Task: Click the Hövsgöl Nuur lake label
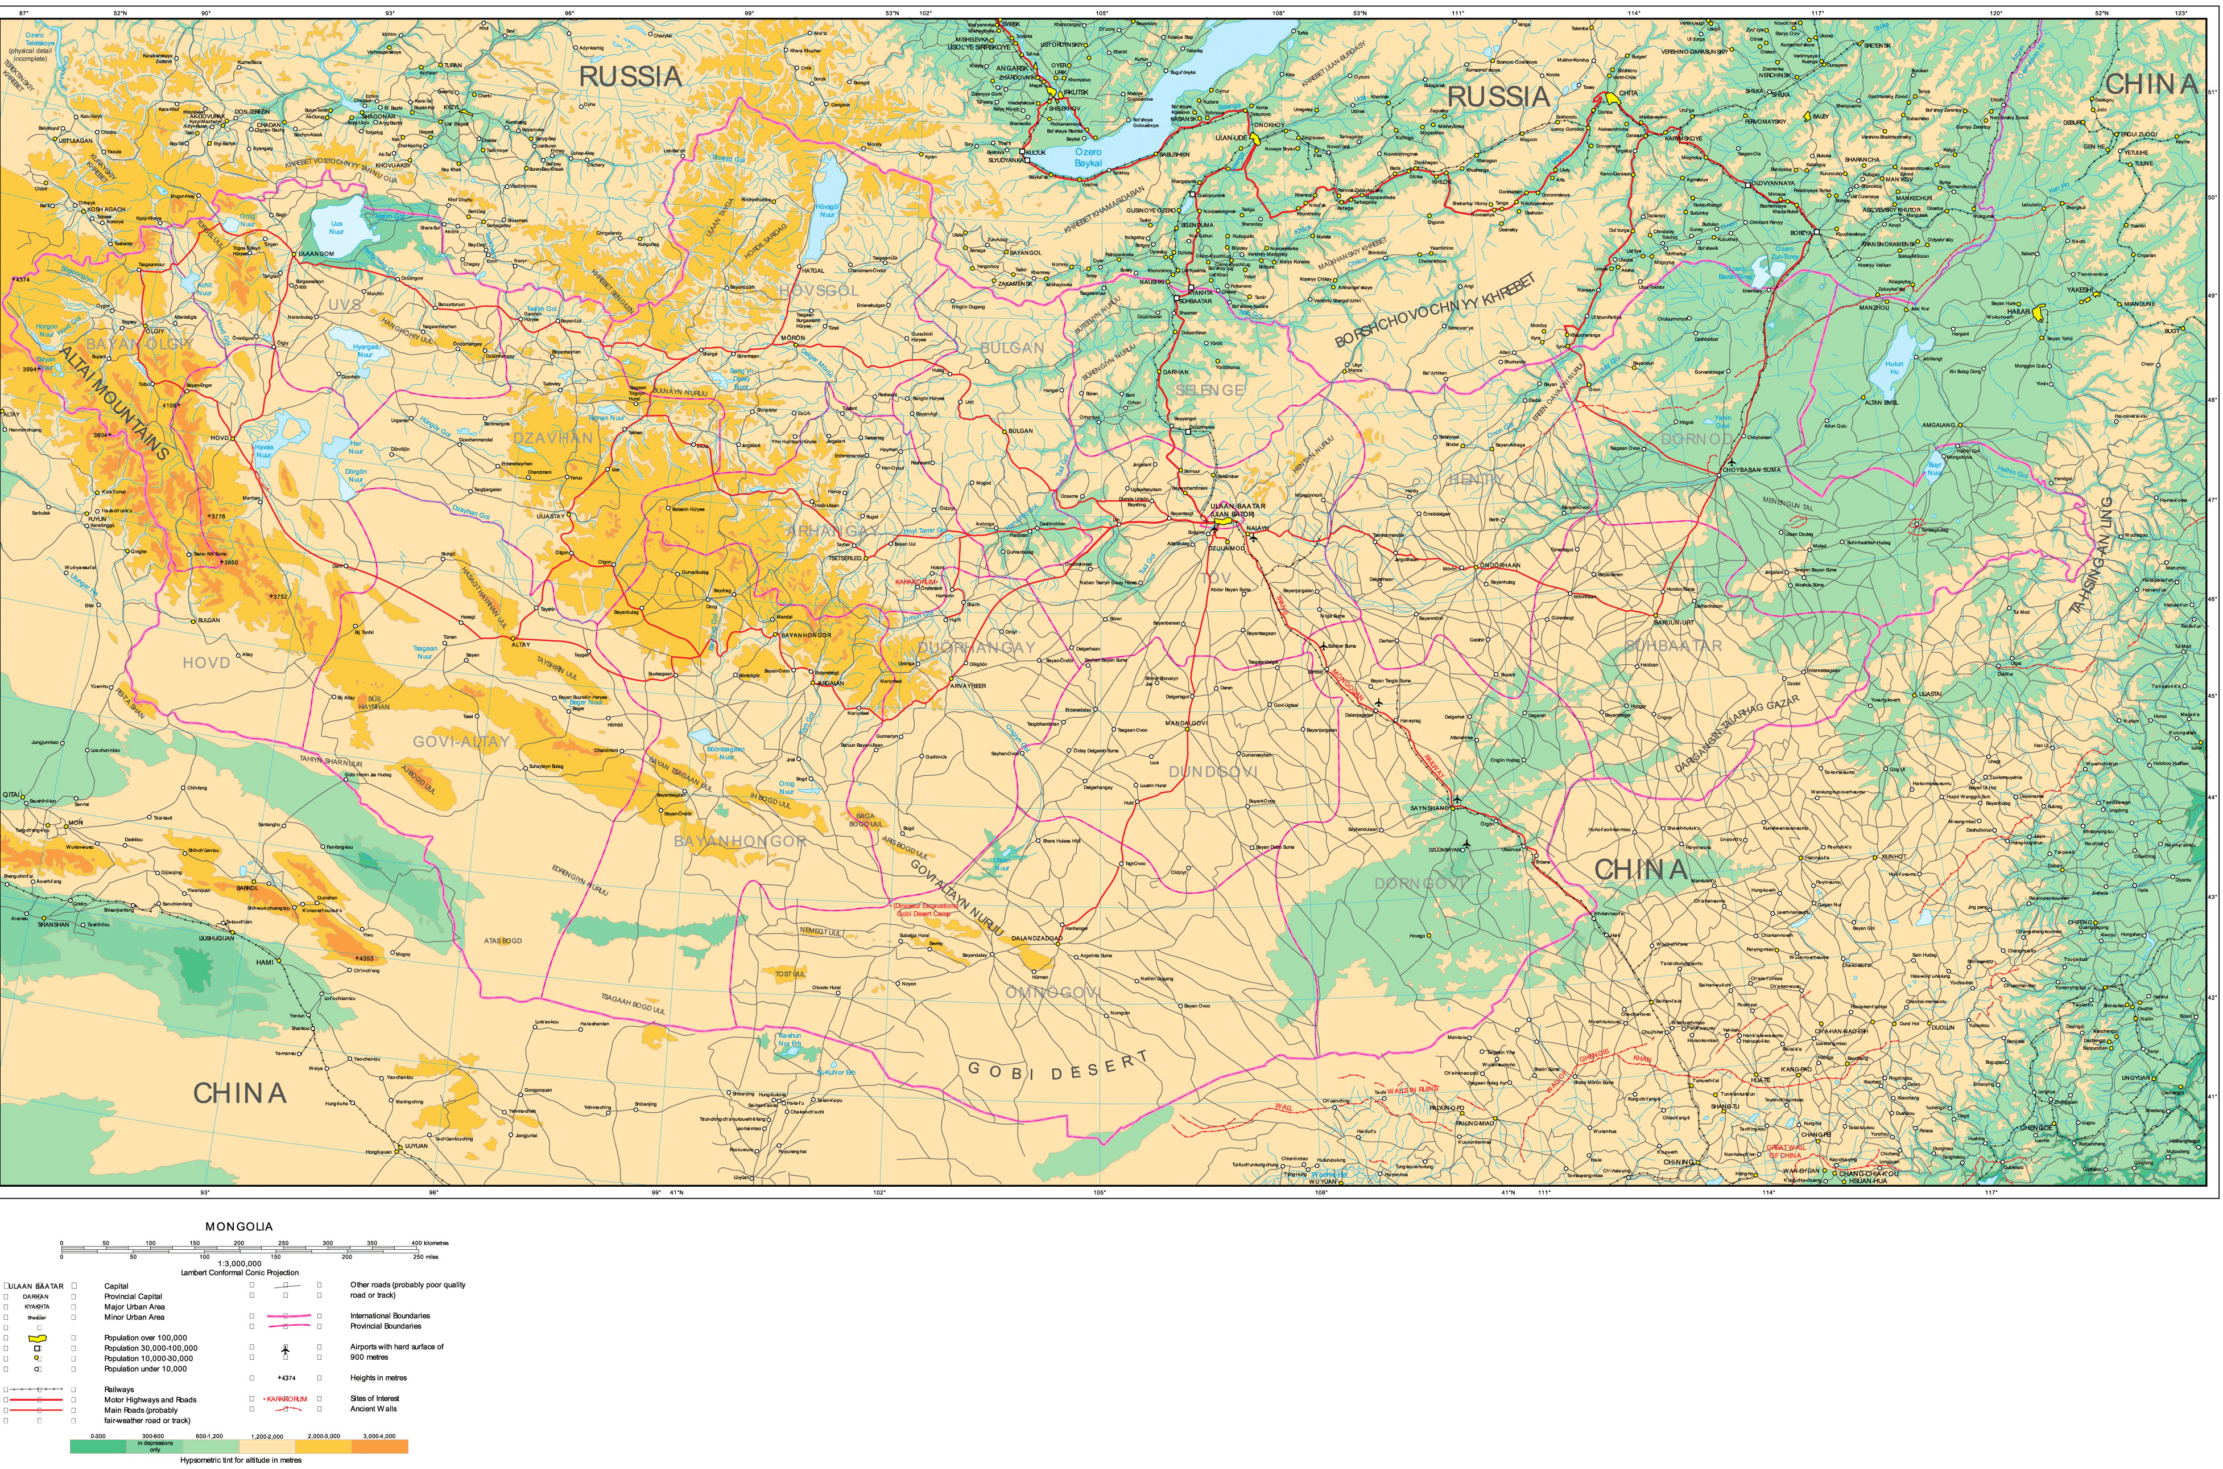827,210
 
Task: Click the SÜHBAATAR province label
1672,645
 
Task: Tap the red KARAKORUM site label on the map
916,582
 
